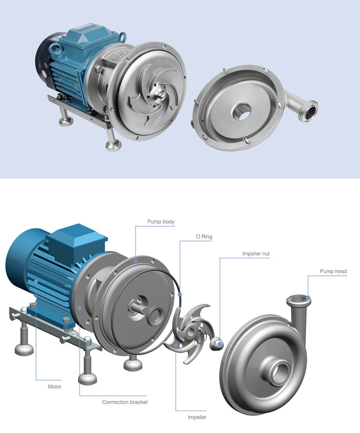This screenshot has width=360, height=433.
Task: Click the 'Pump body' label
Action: pyautogui.click(x=161, y=222)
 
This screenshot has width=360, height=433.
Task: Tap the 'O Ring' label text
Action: pyautogui.click(x=204, y=237)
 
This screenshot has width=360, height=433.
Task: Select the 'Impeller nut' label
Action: pyautogui.click(x=256, y=254)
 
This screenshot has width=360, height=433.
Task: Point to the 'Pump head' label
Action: pyautogui.click(x=333, y=271)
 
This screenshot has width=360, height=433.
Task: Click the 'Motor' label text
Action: pyautogui.click(x=55, y=387)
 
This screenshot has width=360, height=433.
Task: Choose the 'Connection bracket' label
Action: pyautogui.click(x=125, y=402)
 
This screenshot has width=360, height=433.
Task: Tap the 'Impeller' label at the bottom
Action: pyautogui.click(x=197, y=417)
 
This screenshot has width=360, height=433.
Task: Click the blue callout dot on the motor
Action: pyautogui.click(x=36, y=281)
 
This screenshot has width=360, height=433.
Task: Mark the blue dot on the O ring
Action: pyautogui.click(x=180, y=295)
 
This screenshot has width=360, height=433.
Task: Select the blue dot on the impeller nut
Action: pyautogui.click(x=220, y=344)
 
